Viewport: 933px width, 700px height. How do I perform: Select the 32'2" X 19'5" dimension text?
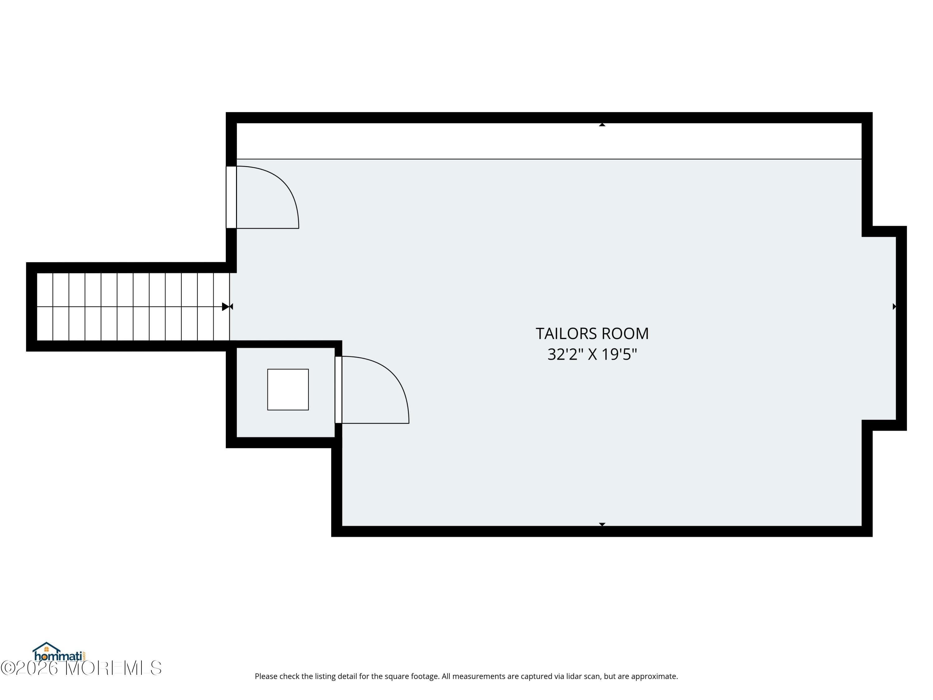click(x=592, y=354)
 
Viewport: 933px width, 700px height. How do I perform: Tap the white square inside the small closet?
click(x=288, y=390)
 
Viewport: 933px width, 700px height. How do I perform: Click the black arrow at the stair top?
click(x=226, y=307)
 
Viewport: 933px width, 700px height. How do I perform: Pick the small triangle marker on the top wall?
click(x=602, y=124)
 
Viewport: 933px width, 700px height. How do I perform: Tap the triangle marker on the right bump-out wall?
click(x=894, y=306)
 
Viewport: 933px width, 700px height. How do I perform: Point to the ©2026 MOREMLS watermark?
click(x=81, y=668)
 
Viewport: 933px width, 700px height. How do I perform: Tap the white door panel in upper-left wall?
click(x=231, y=197)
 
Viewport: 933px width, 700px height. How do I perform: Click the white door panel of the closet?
click(x=338, y=390)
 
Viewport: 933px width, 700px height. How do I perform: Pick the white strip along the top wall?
click(x=549, y=141)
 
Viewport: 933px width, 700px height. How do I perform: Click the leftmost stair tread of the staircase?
click(x=45, y=307)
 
